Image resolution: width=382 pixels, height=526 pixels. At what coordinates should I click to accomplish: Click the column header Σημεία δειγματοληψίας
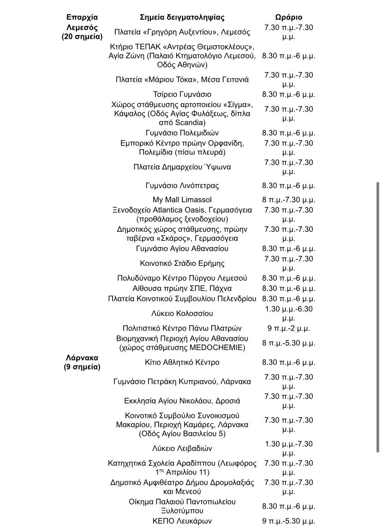[x=182, y=18]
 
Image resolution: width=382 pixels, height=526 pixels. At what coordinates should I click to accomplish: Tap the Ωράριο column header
[x=288, y=18]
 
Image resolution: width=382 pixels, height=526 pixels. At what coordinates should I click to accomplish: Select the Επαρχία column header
[x=82, y=18]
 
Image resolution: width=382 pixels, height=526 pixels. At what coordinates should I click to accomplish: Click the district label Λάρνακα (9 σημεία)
[x=82, y=363]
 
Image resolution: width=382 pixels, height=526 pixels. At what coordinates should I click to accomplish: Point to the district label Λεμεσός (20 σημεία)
[x=82, y=32]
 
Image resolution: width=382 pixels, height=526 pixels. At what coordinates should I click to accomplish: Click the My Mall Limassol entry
[x=182, y=200]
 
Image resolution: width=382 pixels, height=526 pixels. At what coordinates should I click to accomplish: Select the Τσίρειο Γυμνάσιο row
[x=182, y=94]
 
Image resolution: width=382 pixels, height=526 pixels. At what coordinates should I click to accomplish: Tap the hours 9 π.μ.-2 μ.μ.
[x=288, y=328]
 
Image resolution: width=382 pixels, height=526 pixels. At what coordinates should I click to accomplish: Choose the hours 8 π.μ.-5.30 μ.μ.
[x=288, y=343]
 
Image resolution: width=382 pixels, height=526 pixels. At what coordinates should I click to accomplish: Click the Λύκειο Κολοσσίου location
[x=182, y=314]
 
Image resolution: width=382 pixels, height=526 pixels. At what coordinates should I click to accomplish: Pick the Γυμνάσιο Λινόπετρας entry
[x=182, y=186]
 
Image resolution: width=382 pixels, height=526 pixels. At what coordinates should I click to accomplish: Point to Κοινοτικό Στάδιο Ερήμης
[x=182, y=263]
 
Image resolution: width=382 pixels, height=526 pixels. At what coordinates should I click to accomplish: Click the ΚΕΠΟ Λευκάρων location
[x=182, y=521]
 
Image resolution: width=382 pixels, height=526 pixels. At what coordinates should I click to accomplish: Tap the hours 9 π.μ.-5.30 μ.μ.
[x=288, y=521]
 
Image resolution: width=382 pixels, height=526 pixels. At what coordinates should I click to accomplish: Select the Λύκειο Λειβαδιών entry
[x=182, y=448]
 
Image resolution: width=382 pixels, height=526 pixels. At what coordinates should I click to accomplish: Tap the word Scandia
[x=190, y=123]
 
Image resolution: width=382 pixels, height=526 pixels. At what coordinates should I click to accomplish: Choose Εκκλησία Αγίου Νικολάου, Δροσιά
[x=182, y=401]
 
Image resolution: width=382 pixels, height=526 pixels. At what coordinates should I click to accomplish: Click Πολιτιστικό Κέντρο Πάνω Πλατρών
[x=182, y=328]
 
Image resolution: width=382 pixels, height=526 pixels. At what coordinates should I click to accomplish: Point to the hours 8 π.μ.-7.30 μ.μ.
[x=288, y=200]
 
